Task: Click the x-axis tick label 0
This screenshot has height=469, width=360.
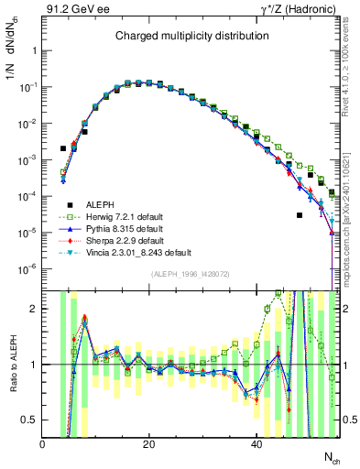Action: [x=43, y=442]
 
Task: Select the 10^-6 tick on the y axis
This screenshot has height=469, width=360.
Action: [x=29, y=268]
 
